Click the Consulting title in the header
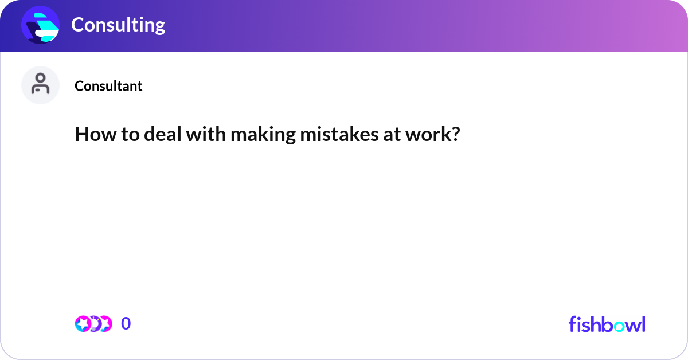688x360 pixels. click(x=118, y=25)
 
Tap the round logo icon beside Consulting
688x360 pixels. click(x=40, y=25)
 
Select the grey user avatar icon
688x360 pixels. click(x=40, y=85)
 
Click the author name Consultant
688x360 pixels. click(x=108, y=86)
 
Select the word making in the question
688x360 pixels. click(x=256, y=136)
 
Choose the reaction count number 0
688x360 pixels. click(x=126, y=324)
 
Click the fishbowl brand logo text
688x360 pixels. click(x=607, y=324)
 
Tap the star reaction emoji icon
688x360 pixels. click(x=83, y=324)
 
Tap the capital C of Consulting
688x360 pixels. click(x=77, y=25)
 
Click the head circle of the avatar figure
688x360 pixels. click(x=40, y=79)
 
